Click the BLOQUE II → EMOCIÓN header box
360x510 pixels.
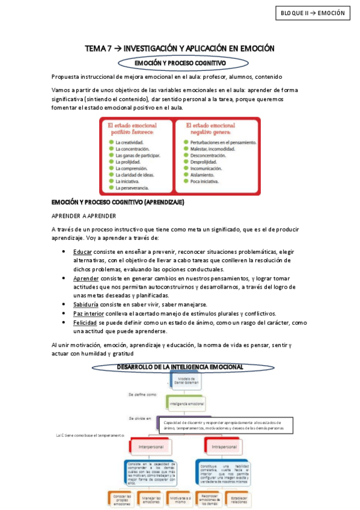tap(313, 13)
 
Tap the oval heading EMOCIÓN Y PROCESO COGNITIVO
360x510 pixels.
tap(180, 62)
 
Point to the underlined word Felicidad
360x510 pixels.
tap(86, 322)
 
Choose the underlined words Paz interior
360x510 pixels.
tap(88, 313)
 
